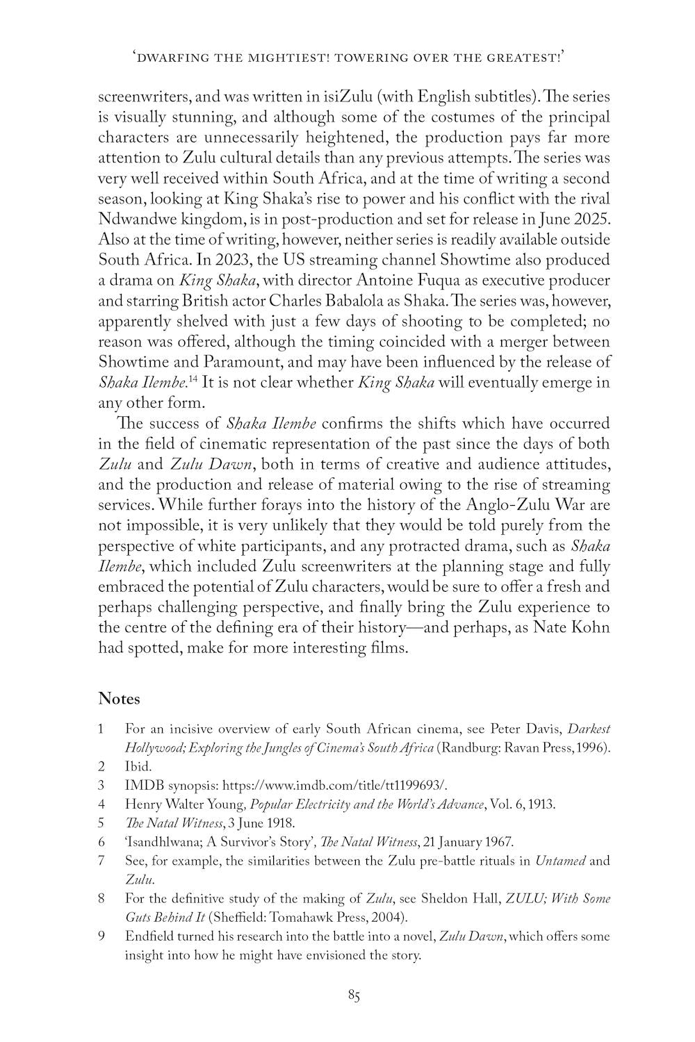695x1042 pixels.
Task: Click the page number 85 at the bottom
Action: (x=354, y=996)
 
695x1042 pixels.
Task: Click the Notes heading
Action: (x=119, y=698)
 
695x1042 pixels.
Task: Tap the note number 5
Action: (x=101, y=823)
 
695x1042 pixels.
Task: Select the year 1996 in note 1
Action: (x=595, y=748)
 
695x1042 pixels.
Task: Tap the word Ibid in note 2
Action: (x=137, y=767)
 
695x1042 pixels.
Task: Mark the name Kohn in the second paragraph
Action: (x=591, y=628)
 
